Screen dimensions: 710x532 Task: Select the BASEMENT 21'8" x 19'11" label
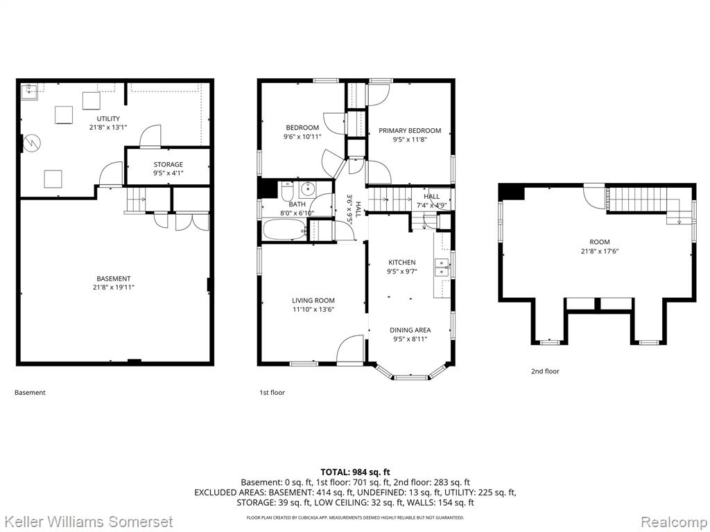(113, 283)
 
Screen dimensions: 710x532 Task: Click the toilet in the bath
(287, 191)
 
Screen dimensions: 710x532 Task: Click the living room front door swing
(350, 349)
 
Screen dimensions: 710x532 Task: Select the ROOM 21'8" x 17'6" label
(600, 246)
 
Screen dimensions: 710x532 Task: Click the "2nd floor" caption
(545, 371)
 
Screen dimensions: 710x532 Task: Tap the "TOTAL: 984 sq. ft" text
(355, 472)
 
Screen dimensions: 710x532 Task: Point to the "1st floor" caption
(272, 392)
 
